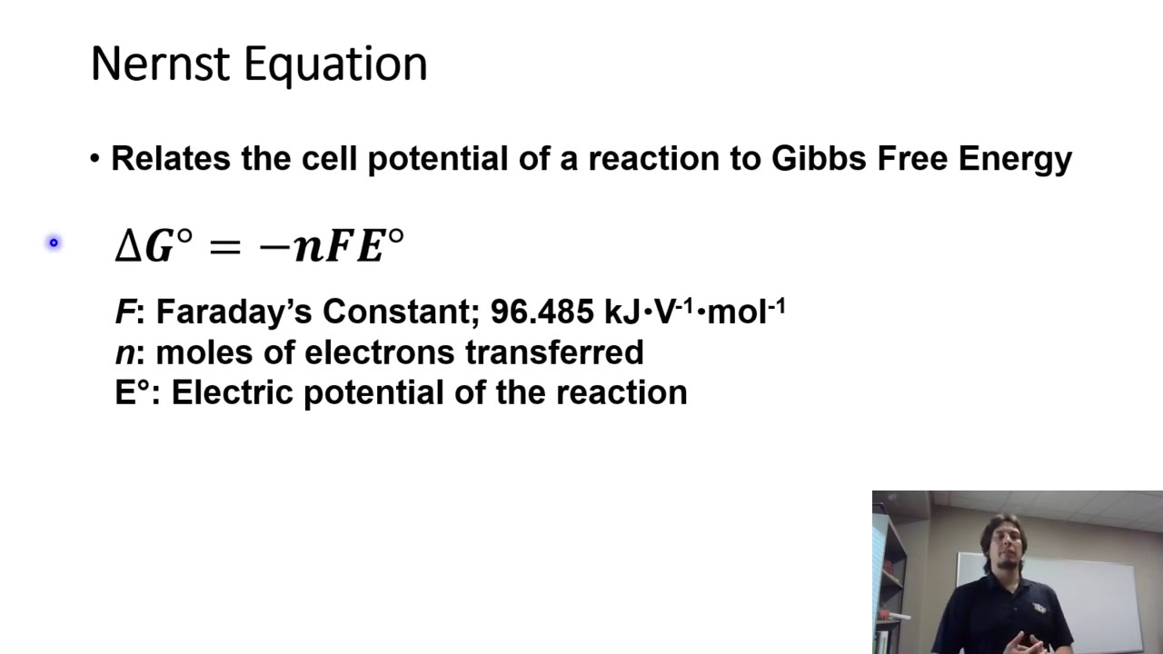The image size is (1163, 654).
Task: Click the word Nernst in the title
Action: click(x=161, y=64)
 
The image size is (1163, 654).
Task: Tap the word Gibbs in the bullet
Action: click(x=820, y=159)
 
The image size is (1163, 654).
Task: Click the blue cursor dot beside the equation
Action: click(x=54, y=243)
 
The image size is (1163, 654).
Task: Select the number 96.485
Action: click(x=542, y=312)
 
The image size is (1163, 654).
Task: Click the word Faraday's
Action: click(x=234, y=312)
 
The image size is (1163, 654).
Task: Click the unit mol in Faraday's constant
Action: click(x=737, y=312)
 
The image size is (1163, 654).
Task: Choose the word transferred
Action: click(x=554, y=352)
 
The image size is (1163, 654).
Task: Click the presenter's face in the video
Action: click(x=1008, y=550)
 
